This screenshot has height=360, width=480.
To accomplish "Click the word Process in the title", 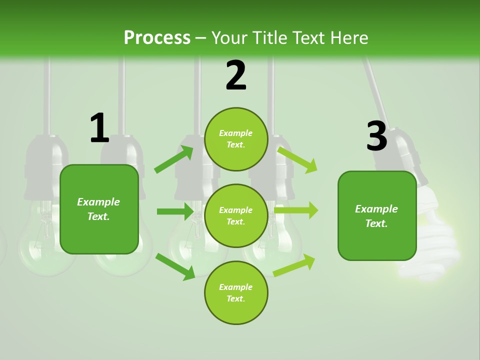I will (x=157, y=38).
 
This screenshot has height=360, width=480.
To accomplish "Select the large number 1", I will (x=99, y=128).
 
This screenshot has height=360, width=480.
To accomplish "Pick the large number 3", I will (x=376, y=136).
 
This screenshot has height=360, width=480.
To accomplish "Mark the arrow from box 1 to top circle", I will (x=174, y=159).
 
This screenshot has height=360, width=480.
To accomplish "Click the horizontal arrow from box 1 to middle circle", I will (x=175, y=211).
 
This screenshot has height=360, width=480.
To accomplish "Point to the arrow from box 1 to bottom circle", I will (x=175, y=265).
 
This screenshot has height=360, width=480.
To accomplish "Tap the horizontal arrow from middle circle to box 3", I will (x=296, y=210).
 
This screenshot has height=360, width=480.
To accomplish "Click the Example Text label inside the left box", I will (x=98, y=209).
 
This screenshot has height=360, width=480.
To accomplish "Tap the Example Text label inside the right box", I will (x=376, y=216).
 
